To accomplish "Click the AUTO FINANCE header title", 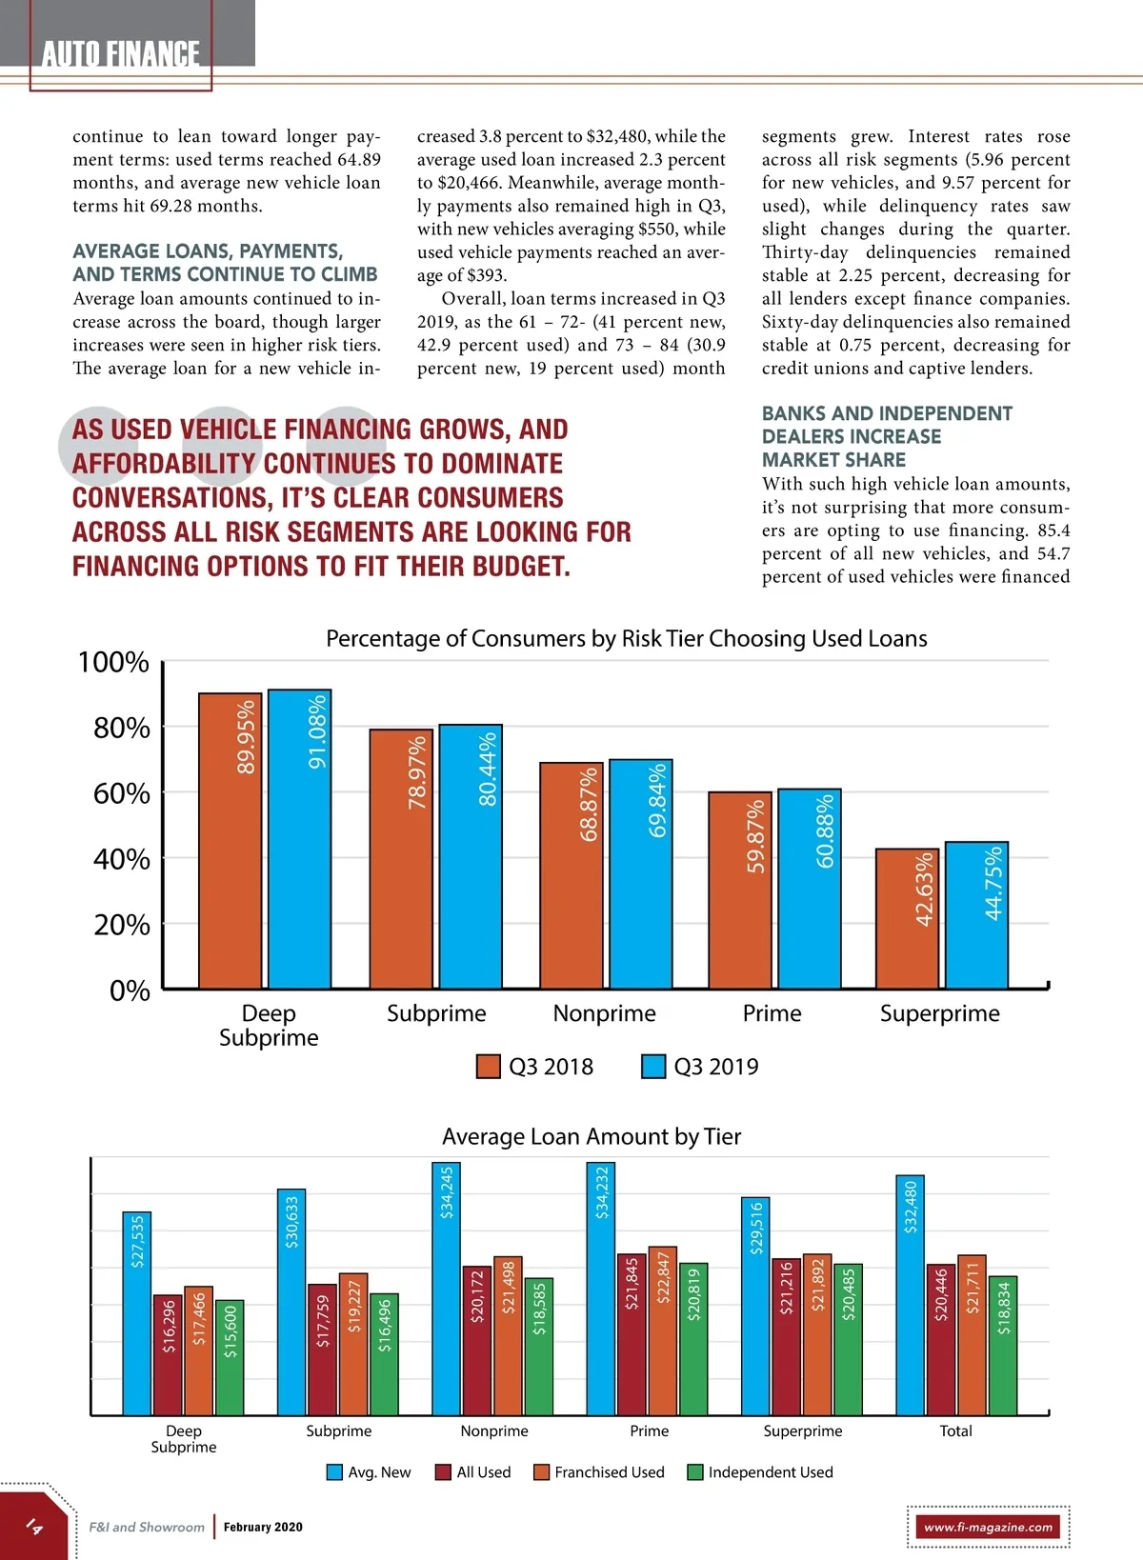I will point(121,54).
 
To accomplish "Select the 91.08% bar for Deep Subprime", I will point(299,838).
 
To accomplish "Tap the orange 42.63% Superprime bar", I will point(907,918).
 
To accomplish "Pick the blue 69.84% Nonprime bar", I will point(640,873).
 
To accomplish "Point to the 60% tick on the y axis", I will point(122,793).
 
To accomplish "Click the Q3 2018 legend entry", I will point(535,1067).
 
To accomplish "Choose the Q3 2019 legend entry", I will point(701,1067).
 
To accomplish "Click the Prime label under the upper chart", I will point(772,1013).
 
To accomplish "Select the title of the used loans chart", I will point(626,638).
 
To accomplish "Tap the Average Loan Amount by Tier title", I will point(591,1136).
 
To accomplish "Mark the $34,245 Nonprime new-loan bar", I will point(446,1288).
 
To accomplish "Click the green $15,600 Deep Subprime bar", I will point(230,1357).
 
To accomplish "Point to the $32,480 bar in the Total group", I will point(910,1294).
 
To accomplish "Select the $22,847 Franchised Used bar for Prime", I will point(662,1330).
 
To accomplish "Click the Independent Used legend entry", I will point(760,1472).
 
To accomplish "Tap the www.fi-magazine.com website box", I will point(988,1527).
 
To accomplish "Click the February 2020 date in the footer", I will point(263,1527).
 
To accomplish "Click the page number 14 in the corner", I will point(33,1527).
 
